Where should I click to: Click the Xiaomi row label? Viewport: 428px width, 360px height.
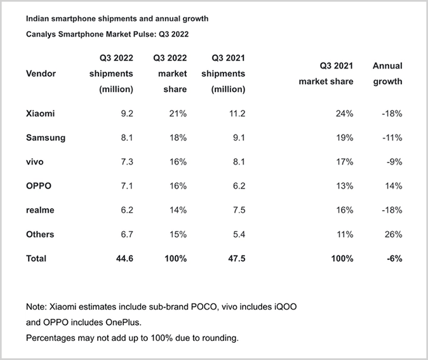click(41, 113)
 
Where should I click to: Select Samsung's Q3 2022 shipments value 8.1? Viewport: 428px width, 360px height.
click(127, 138)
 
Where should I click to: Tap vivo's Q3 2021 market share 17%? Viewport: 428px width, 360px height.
click(344, 162)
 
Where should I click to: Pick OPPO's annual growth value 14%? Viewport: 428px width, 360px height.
click(393, 186)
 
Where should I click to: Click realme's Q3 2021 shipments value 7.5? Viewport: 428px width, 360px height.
click(239, 210)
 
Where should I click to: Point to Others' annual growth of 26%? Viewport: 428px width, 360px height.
click(393, 234)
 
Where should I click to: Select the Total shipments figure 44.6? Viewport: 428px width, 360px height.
click(124, 258)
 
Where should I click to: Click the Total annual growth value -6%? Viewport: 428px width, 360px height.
click(394, 258)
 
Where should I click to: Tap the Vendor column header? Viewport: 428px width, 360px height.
click(41, 74)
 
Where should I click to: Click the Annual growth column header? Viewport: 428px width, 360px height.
click(387, 74)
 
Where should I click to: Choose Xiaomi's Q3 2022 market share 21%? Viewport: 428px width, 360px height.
click(178, 113)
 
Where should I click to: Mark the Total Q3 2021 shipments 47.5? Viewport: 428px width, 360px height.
click(237, 258)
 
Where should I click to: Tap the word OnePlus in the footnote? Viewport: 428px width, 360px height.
click(123, 323)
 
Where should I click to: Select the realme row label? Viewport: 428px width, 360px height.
click(40, 210)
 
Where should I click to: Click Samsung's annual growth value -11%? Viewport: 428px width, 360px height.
click(392, 138)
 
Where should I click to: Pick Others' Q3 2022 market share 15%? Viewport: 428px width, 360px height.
click(178, 234)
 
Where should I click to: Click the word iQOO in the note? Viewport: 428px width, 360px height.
click(286, 307)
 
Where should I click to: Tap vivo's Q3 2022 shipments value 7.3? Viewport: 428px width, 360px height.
click(127, 162)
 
